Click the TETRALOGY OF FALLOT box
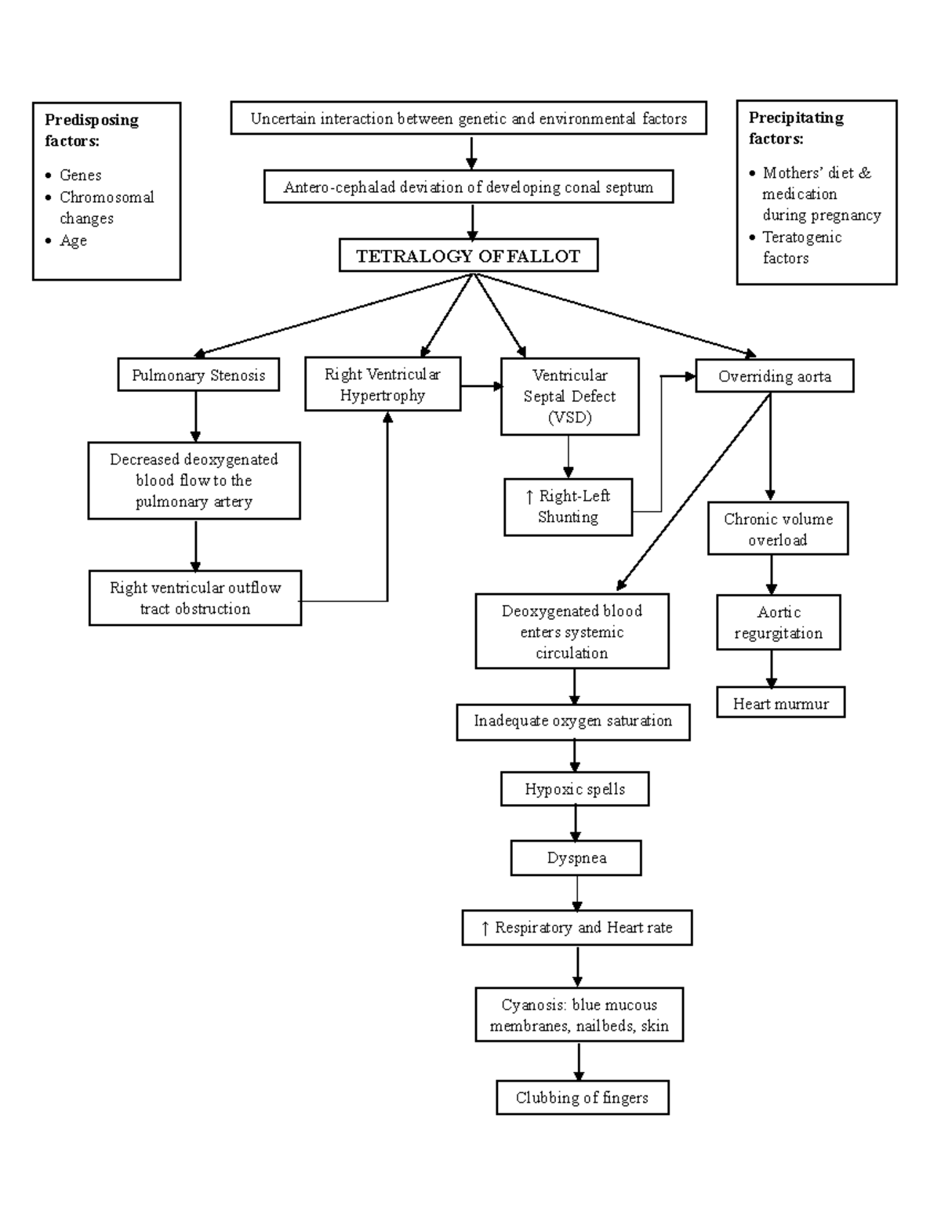click(x=468, y=255)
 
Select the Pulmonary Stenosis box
click(x=198, y=375)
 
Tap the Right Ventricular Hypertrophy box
click(x=383, y=385)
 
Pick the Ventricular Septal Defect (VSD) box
click(x=569, y=397)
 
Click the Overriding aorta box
click(x=774, y=376)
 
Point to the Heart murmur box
click(x=780, y=704)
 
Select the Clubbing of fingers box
click(x=582, y=1098)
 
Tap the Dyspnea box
click(x=576, y=858)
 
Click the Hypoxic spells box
click(x=575, y=789)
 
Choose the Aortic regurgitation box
click(x=778, y=622)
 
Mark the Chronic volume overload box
click(x=778, y=529)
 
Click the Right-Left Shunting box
click(x=568, y=506)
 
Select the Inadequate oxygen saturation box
click(x=573, y=721)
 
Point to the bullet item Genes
click(x=80, y=175)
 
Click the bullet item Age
click(x=73, y=241)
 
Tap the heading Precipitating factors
click(x=796, y=128)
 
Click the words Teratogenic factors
click(x=801, y=248)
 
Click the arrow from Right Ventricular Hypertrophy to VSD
click(x=481, y=386)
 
